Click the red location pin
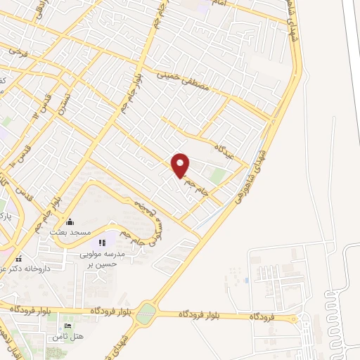click(181, 165)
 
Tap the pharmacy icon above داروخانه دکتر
click(19, 258)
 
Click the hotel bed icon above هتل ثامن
click(67, 327)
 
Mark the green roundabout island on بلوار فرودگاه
click(146, 314)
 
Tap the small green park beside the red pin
click(219, 175)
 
